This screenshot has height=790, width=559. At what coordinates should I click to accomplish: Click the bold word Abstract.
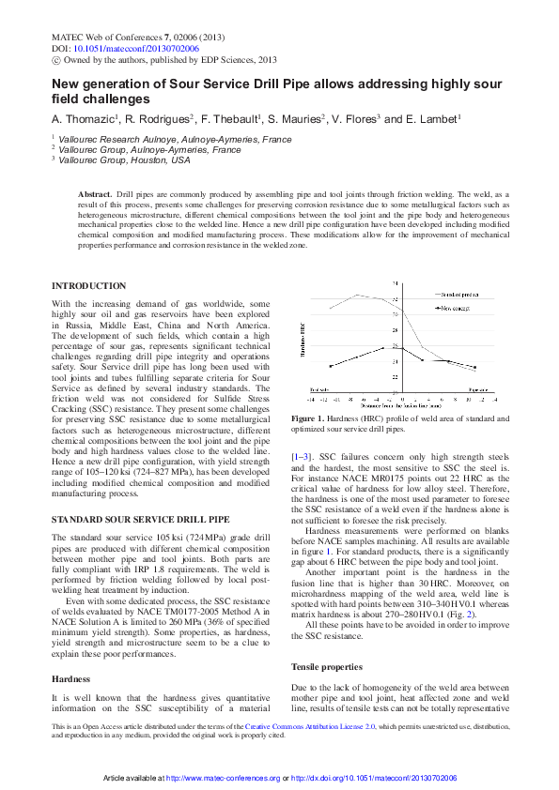pyautogui.click(x=94, y=192)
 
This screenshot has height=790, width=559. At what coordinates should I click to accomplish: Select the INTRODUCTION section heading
pyautogui.click(x=88, y=285)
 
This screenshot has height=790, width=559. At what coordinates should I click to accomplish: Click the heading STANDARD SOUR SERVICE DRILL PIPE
pyautogui.click(x=140, y=518)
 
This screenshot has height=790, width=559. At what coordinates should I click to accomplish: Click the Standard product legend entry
pyautogui.click(x=458, y=295)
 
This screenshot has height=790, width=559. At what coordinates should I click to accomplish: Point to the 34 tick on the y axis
pyautogui.click(x=315, y=281)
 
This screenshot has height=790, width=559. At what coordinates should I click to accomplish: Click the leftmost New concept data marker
pyautogui.click(x=330, y=366)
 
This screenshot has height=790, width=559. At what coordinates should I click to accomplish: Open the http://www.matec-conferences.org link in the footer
pyautogui.click(x=222, y=779)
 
